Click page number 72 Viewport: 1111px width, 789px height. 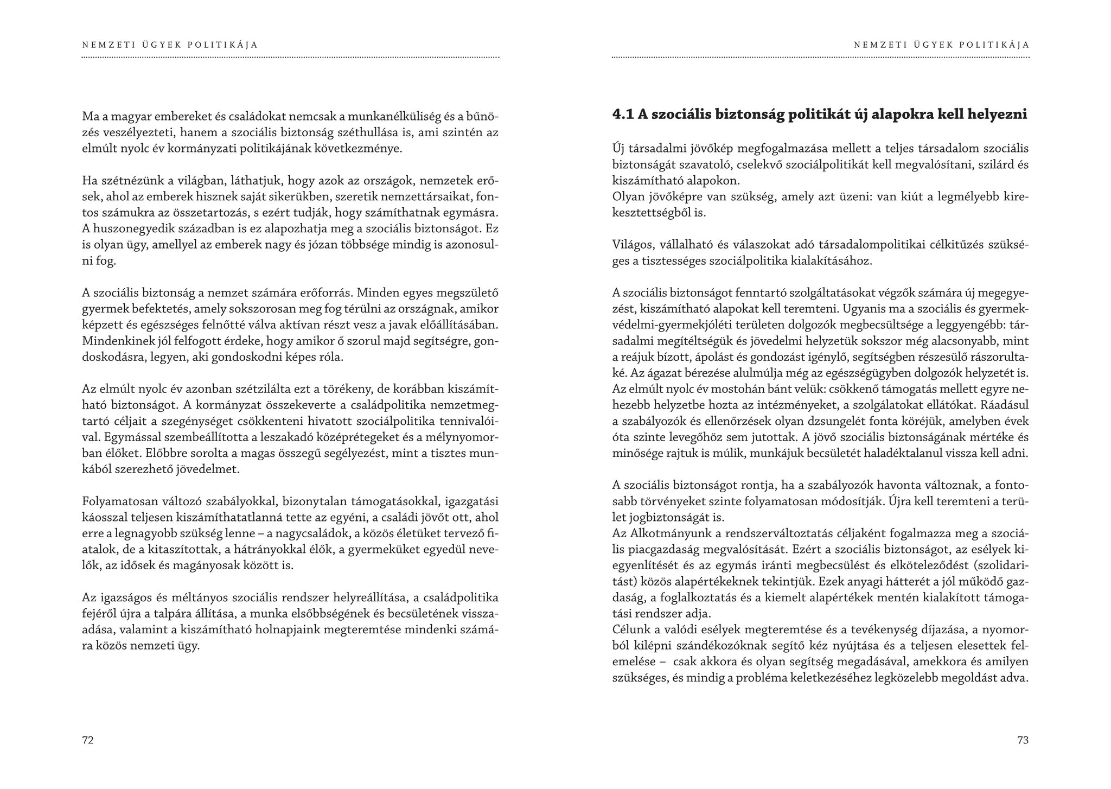pos(87,740)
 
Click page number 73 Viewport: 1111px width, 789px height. pos(1023,740)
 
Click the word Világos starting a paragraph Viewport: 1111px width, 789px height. pos(631,245)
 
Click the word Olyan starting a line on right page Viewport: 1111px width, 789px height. pos(626,196)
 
